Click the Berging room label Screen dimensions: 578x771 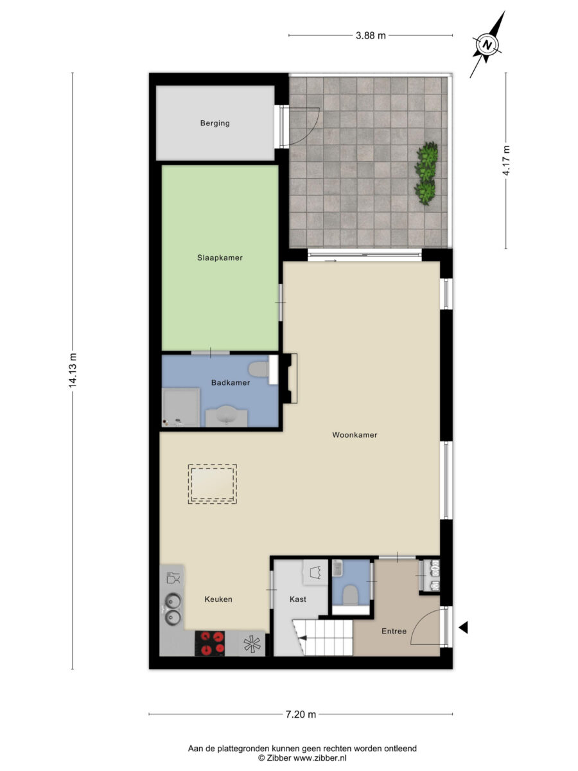[x=215, y=123]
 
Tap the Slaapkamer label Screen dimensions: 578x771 [x=220, y=258]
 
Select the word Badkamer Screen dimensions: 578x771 [x=231, y=382]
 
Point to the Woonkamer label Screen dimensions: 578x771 [x=355, y=435]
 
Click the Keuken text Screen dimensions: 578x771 [x=218, y=599]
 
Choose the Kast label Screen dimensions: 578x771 [x=298, y=599]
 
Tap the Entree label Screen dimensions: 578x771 [x=394, y=631]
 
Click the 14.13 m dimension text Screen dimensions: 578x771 [x=73, y=370]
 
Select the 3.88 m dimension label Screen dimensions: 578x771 [x=371, y=35]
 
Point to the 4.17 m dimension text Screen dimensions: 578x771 [x=506, y=160]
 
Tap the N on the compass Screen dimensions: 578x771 [x=487, y=45]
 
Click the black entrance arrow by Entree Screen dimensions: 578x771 [x=463, y=627]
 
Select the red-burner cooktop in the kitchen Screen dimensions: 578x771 [x=210, y=644]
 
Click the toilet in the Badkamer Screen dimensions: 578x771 [x=259, y=369]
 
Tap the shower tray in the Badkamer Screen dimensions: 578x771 [x=180, y=407]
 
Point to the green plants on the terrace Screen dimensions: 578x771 [x=426, y=173]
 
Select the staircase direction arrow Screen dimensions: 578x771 [x=301, y=638]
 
